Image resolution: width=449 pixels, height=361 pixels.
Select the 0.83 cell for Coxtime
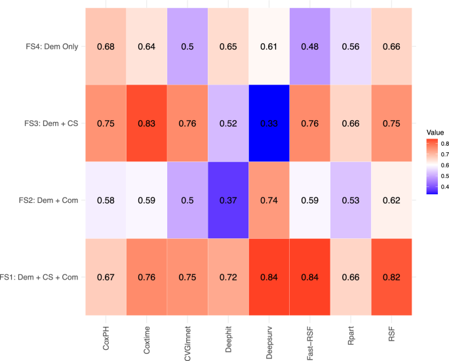point(147,123)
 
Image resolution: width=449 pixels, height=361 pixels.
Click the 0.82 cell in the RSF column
point(392,278)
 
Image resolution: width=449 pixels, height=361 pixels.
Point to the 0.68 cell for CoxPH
point(106,47)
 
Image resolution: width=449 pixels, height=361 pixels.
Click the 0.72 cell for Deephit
point(229,278)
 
